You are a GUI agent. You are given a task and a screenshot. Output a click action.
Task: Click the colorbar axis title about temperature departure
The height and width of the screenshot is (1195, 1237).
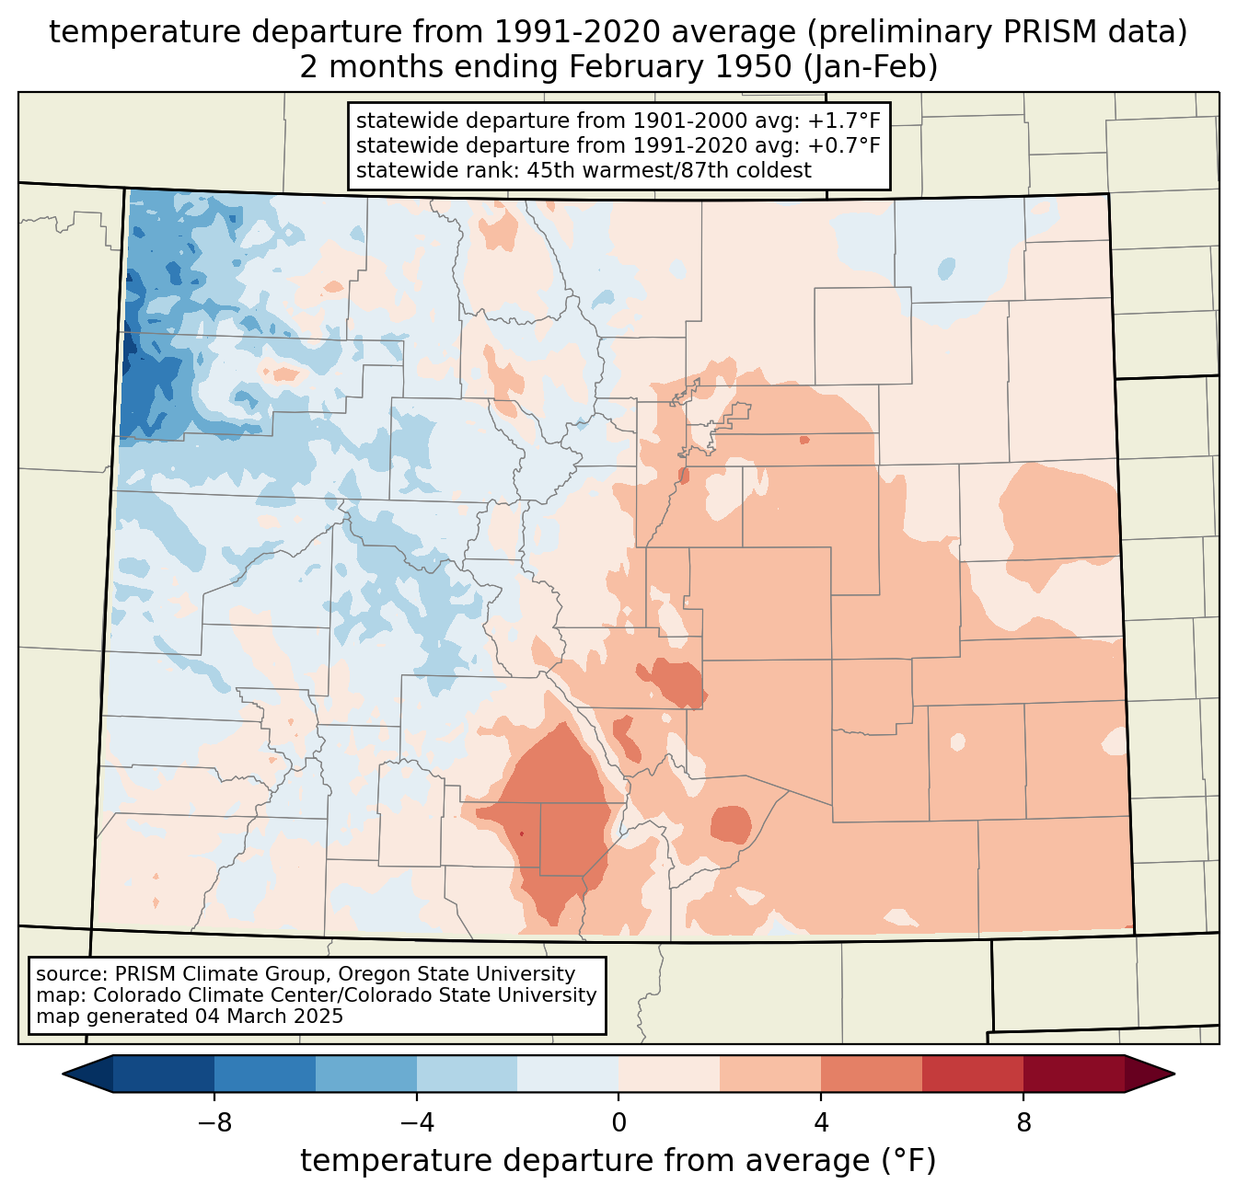618,1161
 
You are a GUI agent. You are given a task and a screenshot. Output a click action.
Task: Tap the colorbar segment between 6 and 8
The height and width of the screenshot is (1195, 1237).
973,1074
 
